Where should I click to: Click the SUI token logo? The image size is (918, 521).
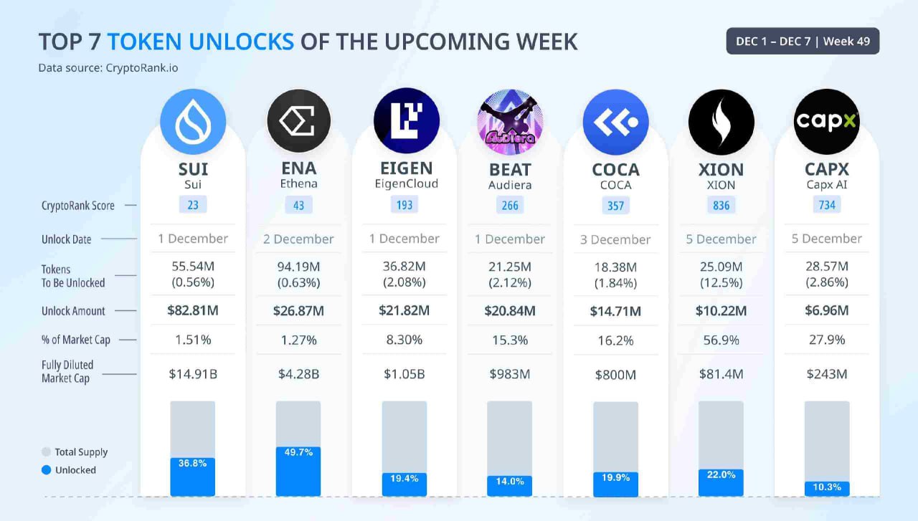[193, 122]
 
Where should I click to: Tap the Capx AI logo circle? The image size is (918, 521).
[827, 122]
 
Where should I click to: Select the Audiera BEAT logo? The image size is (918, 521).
[510, 122]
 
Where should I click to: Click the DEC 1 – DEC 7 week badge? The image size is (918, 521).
[803, 41]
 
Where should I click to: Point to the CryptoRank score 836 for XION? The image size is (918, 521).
[721, 205]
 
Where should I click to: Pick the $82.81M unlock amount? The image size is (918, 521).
[193, 310]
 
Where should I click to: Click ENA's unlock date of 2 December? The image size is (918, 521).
[298, 239]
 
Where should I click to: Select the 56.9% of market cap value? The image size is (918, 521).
[721, 340]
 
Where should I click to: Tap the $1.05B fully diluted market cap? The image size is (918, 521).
[404, 373]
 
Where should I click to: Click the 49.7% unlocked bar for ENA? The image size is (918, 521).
[298, 472]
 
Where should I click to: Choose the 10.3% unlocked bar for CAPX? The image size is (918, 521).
[827, 488]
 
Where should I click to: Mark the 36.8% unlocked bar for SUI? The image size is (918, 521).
[193, 477]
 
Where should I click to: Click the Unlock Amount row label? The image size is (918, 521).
[73, 311]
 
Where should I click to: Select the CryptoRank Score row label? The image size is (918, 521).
[77, 206]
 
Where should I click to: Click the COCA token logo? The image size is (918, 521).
[615, 122]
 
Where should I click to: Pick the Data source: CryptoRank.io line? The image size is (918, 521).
[108, 68]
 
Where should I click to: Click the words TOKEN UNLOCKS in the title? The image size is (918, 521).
[201, 42]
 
